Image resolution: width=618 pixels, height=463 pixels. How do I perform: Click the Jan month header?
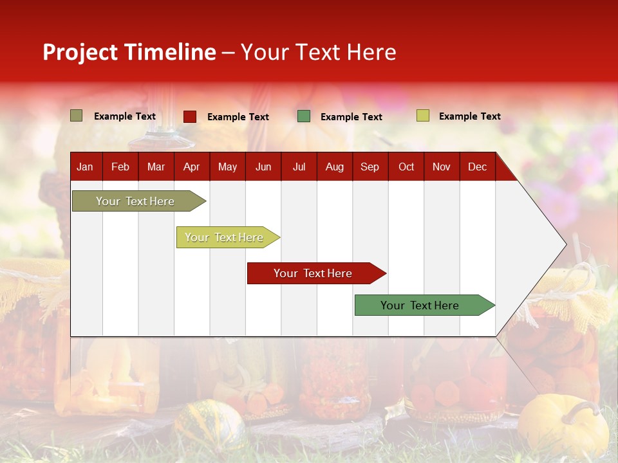pos(85,167)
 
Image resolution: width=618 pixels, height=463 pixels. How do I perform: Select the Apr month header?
pos(191,167)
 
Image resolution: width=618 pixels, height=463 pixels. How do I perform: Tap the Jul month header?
pos(299,167)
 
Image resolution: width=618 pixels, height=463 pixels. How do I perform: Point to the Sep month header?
pos(370,167)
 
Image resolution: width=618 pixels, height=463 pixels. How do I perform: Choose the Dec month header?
pos(477,167)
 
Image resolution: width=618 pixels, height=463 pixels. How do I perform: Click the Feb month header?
pos(120,167)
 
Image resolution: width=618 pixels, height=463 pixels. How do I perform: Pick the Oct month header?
pos(406,167)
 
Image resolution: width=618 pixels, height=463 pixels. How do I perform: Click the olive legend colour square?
pos(77,116)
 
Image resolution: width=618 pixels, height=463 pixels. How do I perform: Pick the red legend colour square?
pos(190,116)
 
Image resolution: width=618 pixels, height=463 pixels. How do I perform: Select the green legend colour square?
pos(304,116)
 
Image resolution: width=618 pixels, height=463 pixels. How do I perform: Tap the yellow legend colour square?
pos(423,116)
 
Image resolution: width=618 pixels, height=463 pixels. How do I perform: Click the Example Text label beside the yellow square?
pos(469,116)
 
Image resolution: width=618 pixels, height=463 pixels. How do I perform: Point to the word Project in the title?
pos(81,52)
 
